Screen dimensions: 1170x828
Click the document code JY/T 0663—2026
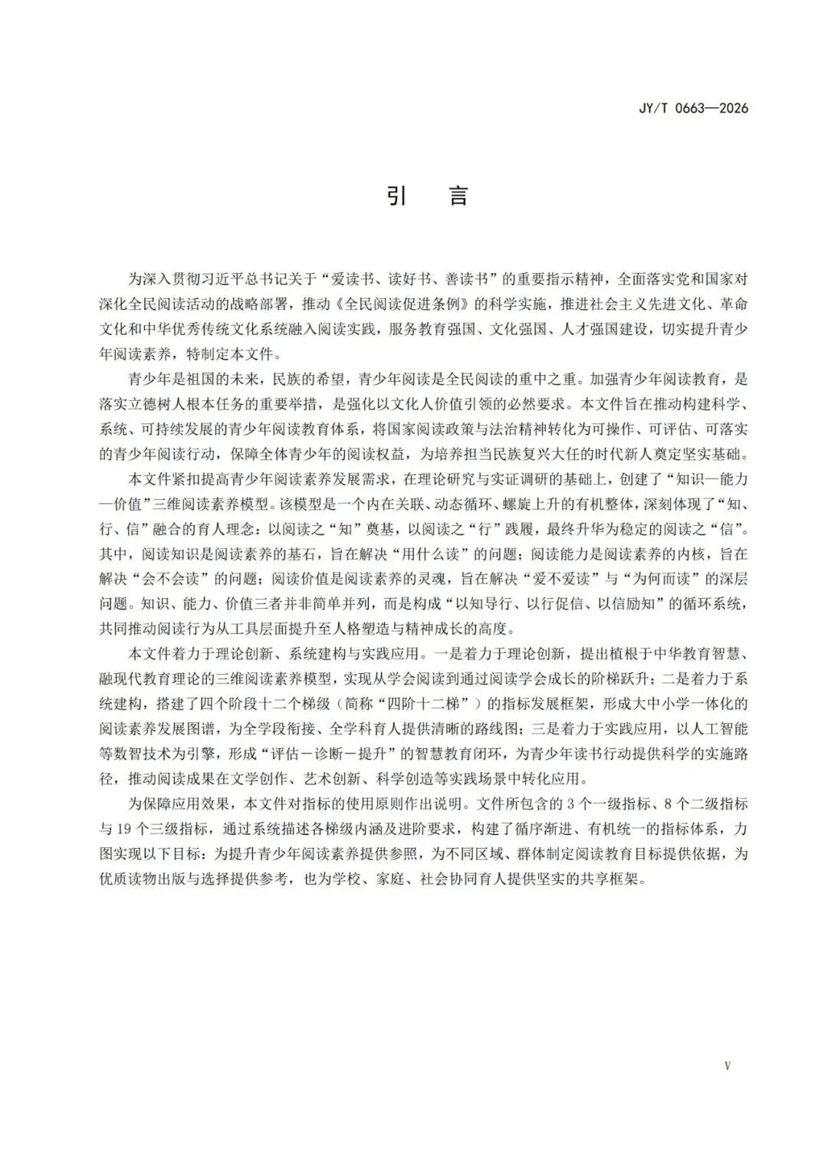tap(693, 108)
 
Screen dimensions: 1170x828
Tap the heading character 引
tap(396, 196)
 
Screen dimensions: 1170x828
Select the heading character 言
tap(458, 196)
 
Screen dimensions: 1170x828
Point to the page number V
tap(727, 1066)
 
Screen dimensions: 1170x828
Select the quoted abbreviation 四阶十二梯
tap(434, 703)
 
